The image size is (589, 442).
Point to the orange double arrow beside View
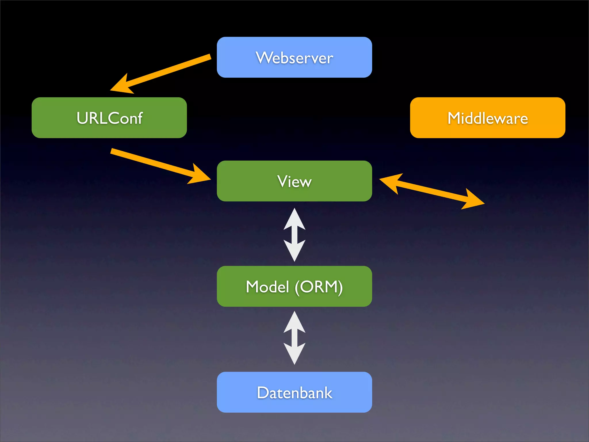(x=431, y=191)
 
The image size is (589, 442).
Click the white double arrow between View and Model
(x=294, y=235)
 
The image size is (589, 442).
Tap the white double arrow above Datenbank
(x=294, y=338)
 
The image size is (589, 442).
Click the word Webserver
(x=294, y=58)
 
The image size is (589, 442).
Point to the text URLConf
(x=109, y=118)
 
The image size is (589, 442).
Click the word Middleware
(x=487, y=118)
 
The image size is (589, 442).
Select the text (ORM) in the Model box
(x=319, y=287)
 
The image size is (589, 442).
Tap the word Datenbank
(x=294, y=393)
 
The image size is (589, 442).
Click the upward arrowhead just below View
(x=294, y=220)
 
